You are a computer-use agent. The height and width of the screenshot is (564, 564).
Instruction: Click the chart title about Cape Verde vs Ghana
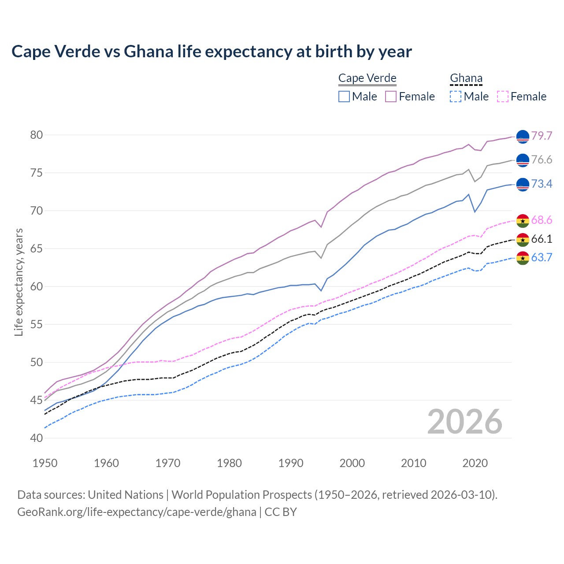tap(211, 52)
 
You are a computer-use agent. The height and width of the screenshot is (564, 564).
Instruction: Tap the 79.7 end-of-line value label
tap(542, 136)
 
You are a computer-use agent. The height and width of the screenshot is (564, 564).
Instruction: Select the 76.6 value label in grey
tap(542, 160)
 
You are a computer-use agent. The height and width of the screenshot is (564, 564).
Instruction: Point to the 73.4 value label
tap(542, 184)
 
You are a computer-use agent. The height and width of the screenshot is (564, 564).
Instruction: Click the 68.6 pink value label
tap(542, 220)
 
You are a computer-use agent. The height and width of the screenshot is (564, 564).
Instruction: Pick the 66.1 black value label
tap(542, 239)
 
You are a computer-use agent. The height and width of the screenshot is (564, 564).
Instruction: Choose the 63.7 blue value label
tap(542, 257)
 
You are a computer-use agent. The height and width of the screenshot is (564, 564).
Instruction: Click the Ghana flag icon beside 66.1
tap(523, 240)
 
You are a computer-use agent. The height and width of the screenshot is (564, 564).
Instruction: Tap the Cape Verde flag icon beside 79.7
tap(523, 137)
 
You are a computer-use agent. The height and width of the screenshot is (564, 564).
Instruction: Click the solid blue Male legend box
tap(344, 96)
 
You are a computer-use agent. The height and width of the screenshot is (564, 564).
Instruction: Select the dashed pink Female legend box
tap(503, 96)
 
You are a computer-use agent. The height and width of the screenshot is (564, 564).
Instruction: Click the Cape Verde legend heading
tap(367, 78)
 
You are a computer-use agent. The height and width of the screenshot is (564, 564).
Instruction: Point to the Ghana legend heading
tap(466, 78)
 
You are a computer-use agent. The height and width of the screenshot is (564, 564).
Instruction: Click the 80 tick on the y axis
tap(37, 135)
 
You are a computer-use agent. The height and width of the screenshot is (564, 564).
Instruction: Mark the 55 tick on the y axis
tap(37, 324)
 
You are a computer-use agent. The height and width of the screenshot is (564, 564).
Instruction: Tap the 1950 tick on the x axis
tap(45, 463)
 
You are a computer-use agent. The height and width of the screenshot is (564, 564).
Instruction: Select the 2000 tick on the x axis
tap(352, 463)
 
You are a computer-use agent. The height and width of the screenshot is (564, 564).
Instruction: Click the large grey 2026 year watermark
tap(464, 422)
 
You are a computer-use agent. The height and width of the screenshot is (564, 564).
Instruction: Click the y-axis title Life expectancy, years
tap(19, 282)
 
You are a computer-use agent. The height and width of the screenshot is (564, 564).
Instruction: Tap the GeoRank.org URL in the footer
tap(137, 512)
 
